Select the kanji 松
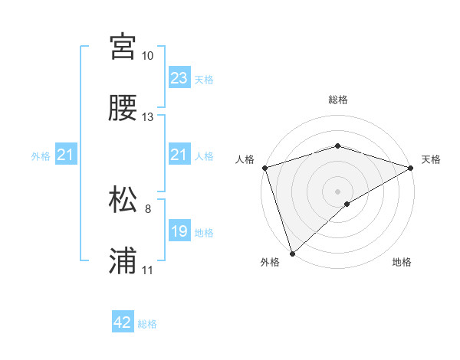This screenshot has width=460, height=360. coord(123,199)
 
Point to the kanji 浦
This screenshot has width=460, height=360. coord(123,260)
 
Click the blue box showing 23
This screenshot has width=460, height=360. coord(179,77)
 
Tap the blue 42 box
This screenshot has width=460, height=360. coord(123,322)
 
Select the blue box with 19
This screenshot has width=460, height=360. coord(179,231)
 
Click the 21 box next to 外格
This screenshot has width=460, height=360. coord(65,155)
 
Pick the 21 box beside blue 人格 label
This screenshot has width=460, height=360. coord(179,155)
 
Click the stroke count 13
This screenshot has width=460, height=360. coord(148,117)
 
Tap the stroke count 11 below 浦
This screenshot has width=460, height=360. coord(148,270)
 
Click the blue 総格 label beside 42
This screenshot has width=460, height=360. coord(147,324)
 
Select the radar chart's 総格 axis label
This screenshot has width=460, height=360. coord(337,100)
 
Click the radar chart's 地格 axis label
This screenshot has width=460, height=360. coord(402,263)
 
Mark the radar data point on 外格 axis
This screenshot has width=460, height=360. coord(292,253)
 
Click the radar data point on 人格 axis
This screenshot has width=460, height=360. coord(264,167)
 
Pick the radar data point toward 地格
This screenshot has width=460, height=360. coord(348,204)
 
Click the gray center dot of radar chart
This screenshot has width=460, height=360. coord(337,191)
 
